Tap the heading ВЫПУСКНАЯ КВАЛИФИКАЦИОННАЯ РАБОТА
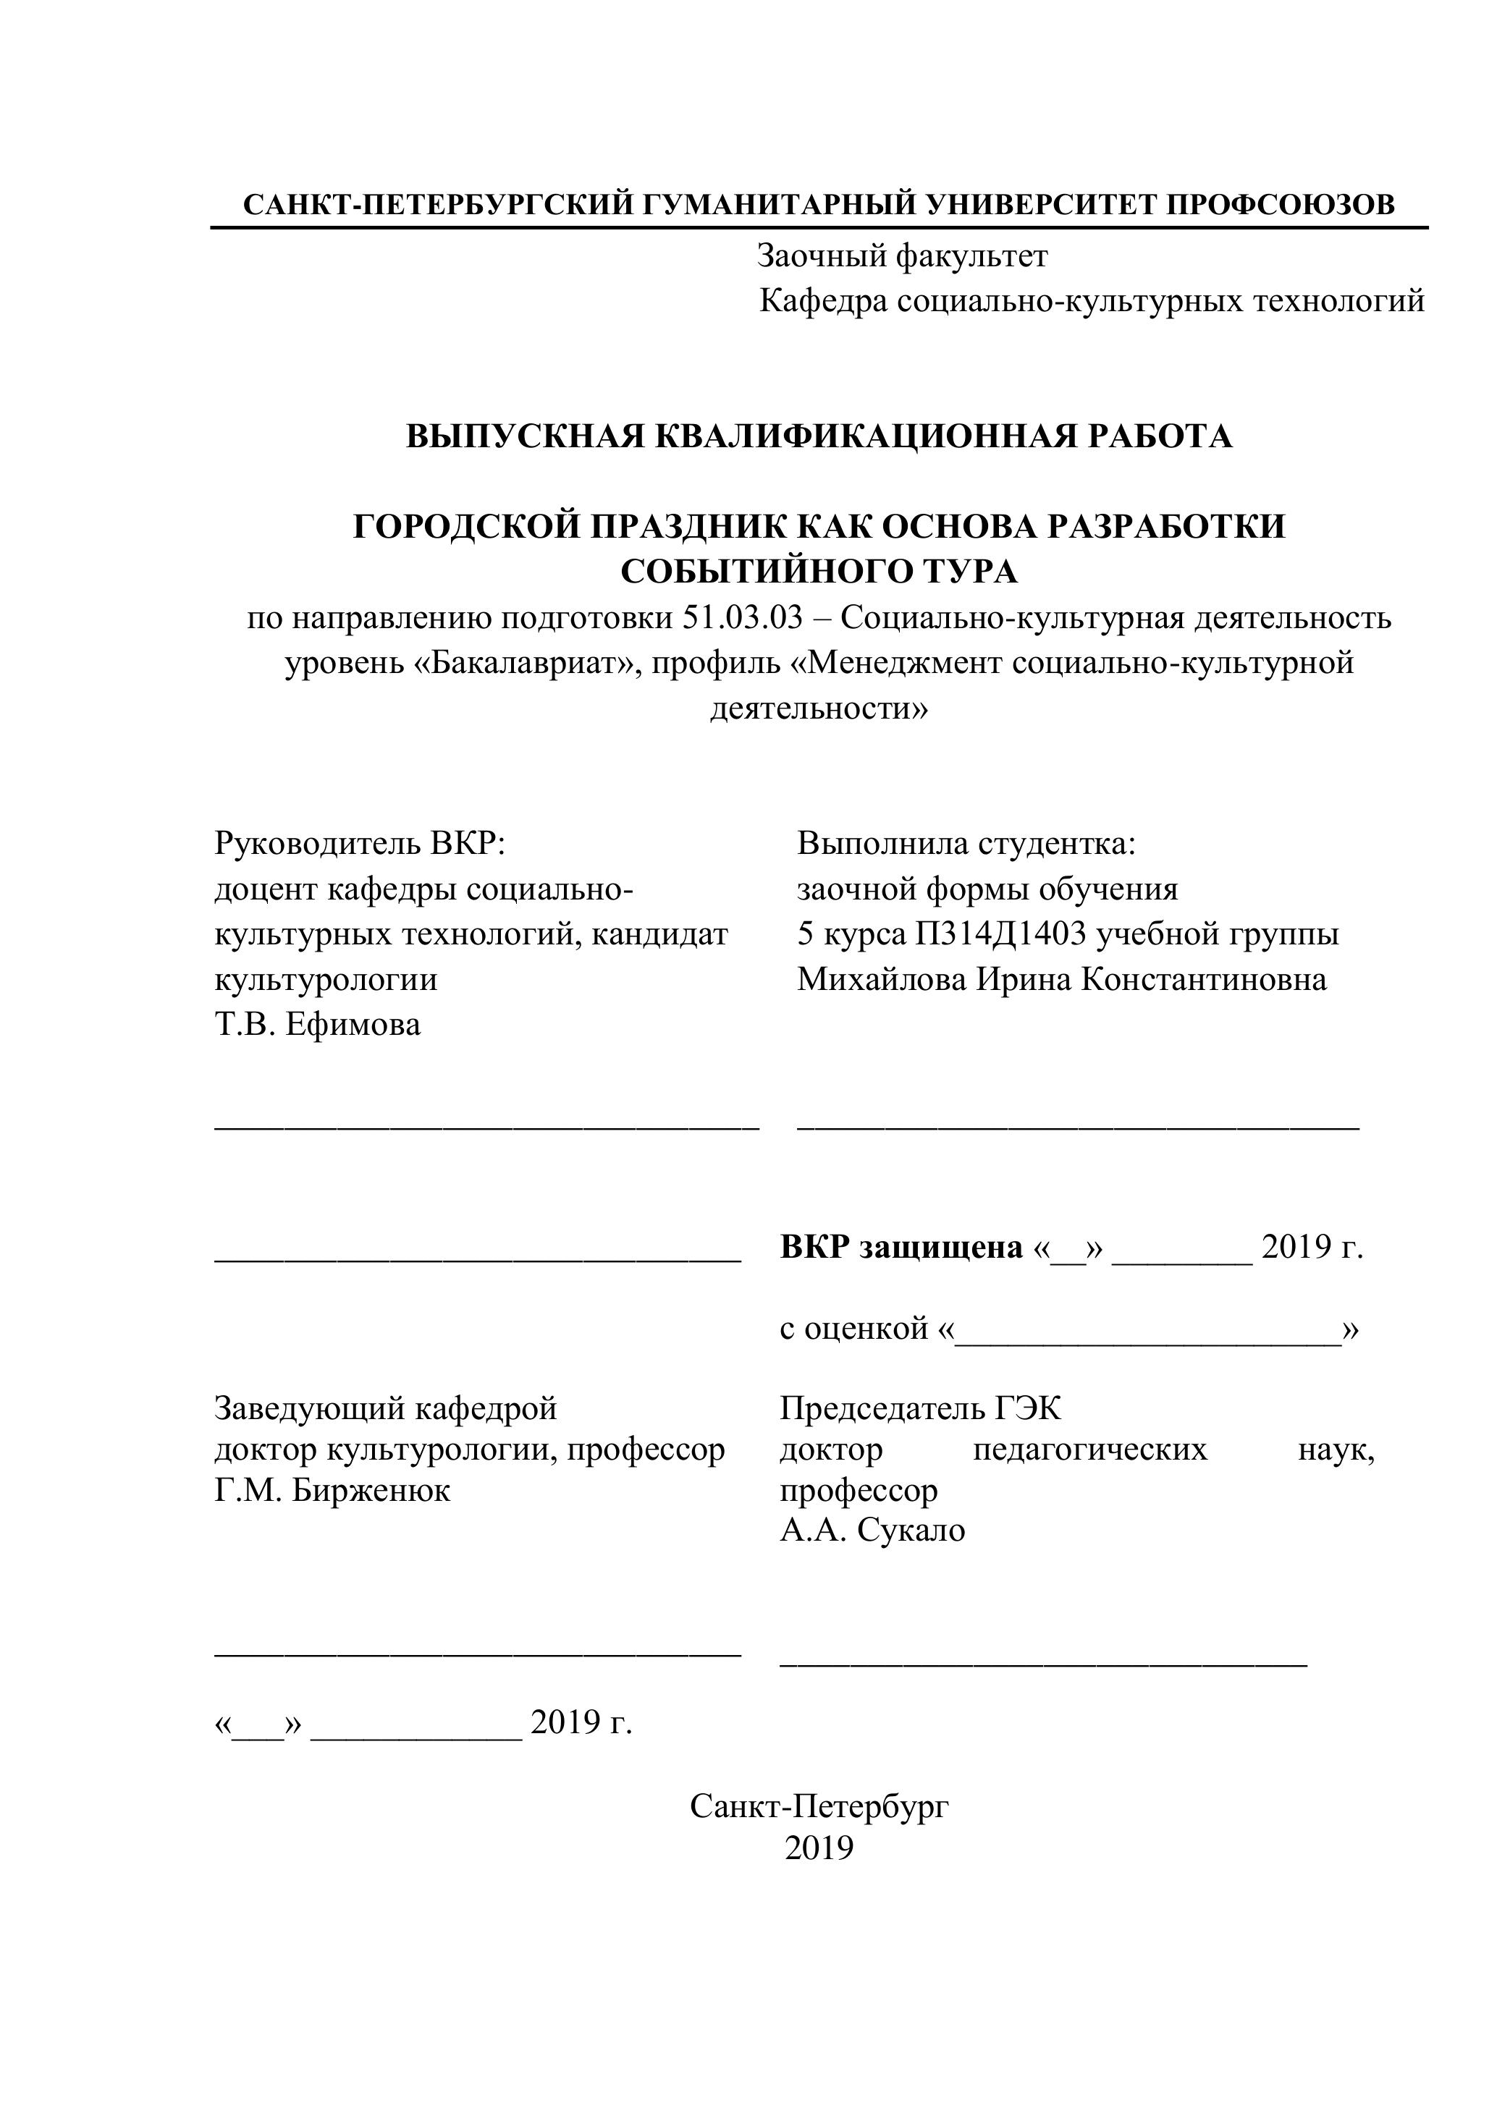pos(819,436)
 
